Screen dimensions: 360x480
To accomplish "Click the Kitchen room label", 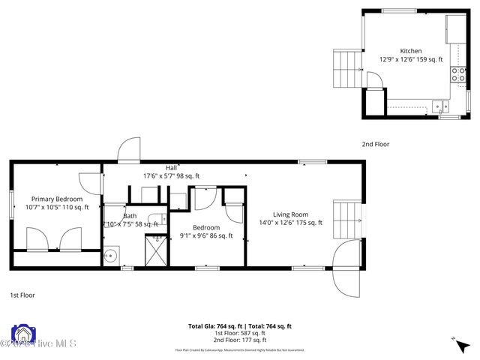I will (411, 51).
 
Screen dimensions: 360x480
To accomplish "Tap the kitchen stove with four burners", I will (455, 73).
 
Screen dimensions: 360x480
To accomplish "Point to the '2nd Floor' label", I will (376, 144).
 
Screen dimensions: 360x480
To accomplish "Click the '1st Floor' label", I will (22, 295).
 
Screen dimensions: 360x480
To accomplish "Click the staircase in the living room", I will (347, 217).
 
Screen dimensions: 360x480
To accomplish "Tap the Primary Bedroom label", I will (57, 199).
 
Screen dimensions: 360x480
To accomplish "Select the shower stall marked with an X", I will (156, 250).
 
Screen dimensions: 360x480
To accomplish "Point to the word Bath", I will (130, 216).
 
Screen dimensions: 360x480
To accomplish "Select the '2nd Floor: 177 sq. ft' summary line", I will (239, 340).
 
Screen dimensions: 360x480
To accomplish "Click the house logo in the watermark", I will (22, 335).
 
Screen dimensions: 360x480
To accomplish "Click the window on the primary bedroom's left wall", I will (11, 204).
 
